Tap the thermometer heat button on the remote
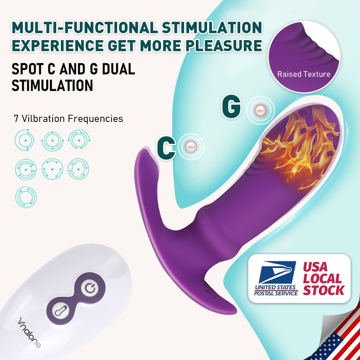pos(61,311)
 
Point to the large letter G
pos(231,106)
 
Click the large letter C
pos(166,148)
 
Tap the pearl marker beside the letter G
pos(261,109)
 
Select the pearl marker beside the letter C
pos(191,146)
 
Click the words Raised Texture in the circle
pos(304,74)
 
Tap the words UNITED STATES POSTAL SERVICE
pos(275,290)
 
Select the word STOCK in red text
pos(324,290)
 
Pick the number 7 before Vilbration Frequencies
pos(16,119)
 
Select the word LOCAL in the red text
pos(322,279)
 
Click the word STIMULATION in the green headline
pos(212,28)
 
